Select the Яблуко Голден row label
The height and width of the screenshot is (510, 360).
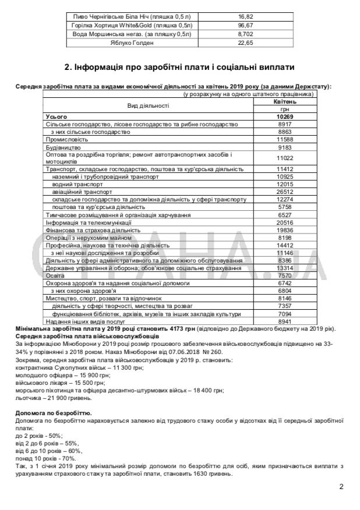(x=130, y=43)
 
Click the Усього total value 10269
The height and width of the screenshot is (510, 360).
(x=285, y=117)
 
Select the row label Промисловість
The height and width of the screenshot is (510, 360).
(x=67, y=140)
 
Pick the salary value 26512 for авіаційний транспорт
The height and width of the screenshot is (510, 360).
(x=285, y=192)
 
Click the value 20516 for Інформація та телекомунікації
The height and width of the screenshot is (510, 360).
(x=285, y=222)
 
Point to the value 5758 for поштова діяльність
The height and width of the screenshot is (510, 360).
(x=285, y=207)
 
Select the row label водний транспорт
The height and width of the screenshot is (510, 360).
(x=74, y=184)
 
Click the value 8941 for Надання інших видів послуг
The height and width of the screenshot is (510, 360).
(x=285, y=321)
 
